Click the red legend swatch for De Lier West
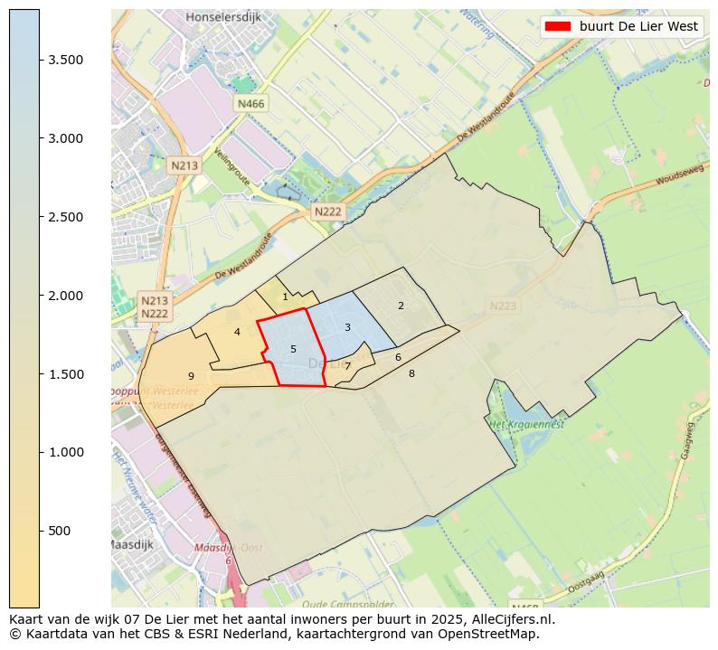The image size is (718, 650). point(557,26)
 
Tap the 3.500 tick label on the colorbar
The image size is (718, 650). point(66,60)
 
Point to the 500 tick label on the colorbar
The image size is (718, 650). point(61,531)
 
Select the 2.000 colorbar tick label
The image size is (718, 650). point(66,296)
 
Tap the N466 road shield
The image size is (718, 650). point(250,104)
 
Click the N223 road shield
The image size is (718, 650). point(503,306)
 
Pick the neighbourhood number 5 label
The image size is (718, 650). point(293,349)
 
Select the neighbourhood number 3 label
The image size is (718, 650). point(347,327)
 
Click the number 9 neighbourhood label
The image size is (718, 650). point(191,376)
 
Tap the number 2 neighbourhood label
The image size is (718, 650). point(401,306)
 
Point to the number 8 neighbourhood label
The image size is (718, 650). point(411,373)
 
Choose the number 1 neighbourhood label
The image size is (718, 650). point(285,297)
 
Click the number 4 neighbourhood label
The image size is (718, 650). point(237,332)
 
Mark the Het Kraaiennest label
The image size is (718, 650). point(526,424)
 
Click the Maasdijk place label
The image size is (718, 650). point(130,545)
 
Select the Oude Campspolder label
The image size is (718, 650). point(335,604)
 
